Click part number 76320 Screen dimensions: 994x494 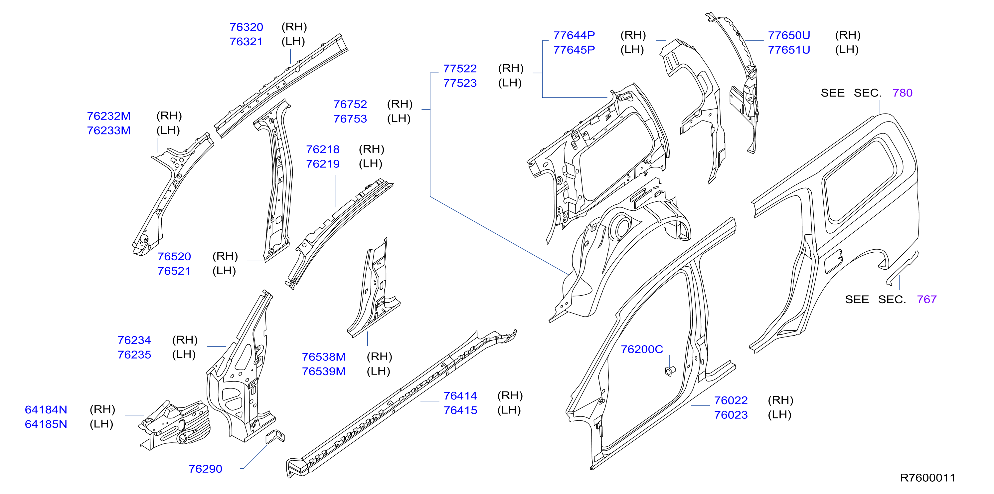(x=246, y=27)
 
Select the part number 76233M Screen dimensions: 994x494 (x=109, y=130)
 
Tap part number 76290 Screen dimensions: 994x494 (x=205, y=469)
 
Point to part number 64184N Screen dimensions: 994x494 (x=46, y=410)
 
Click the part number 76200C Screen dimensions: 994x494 (x=642, y=350)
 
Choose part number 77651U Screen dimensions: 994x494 (x=789, y=50)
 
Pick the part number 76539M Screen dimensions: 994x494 (x=323, y=371)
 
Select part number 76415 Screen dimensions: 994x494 (x=460, y=410)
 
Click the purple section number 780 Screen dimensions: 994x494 (x=902, y=93)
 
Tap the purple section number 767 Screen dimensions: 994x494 (x=926, y=300)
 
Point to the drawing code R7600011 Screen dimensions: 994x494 (x=927, y=478)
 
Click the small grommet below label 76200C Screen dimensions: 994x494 (x=670, y=371)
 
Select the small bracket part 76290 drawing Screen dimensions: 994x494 (x=275, y=436)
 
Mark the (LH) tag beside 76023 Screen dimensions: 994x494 (x=779, y=415)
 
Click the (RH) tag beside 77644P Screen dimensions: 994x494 (x=633, y=35)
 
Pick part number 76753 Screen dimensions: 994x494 (x=350, y=119)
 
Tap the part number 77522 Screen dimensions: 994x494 (x=460, y=69)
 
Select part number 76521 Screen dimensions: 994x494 (x=174, y=271)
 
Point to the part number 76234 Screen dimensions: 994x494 (x=134, y=340)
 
